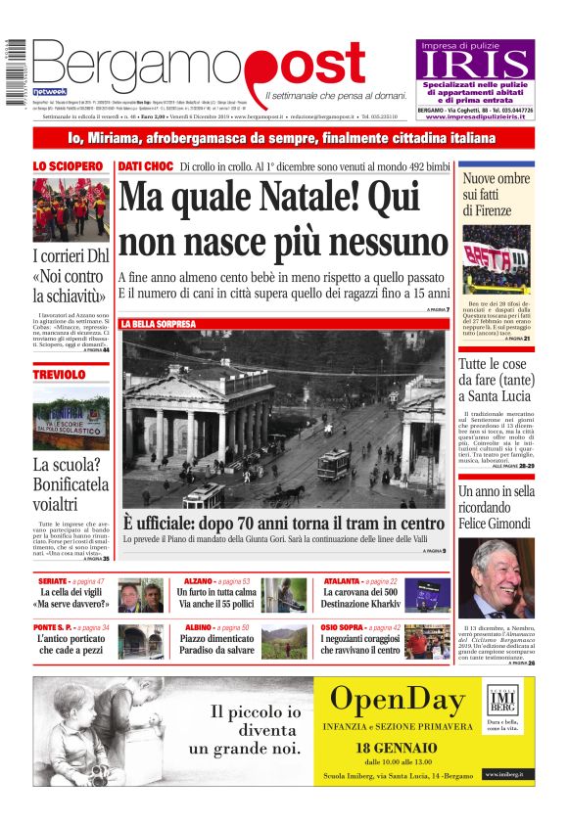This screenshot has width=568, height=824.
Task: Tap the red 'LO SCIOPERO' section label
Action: (x=68, y=166)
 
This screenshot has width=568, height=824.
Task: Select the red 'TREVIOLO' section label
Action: (x=59, y=375)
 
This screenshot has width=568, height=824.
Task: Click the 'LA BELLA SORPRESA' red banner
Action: (x=158, y=323)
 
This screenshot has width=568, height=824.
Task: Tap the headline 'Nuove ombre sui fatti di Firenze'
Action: (x=497, y=195)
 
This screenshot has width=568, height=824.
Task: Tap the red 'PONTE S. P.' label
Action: (x=54, y=627)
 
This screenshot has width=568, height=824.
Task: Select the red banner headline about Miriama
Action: (x=283, y=138)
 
